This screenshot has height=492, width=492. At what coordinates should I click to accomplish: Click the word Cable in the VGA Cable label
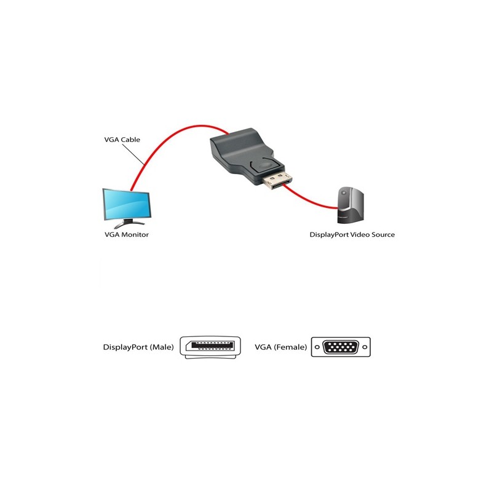(130, 140)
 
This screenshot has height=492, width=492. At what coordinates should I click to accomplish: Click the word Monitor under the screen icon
(135, 235)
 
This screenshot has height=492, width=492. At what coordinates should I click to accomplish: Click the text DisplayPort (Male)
(138, 347)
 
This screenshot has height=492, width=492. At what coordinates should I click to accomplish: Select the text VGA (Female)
(280, 347)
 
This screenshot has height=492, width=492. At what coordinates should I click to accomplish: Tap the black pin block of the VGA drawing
(341, 347)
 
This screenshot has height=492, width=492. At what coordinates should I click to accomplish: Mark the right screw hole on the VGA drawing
(363, 347)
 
